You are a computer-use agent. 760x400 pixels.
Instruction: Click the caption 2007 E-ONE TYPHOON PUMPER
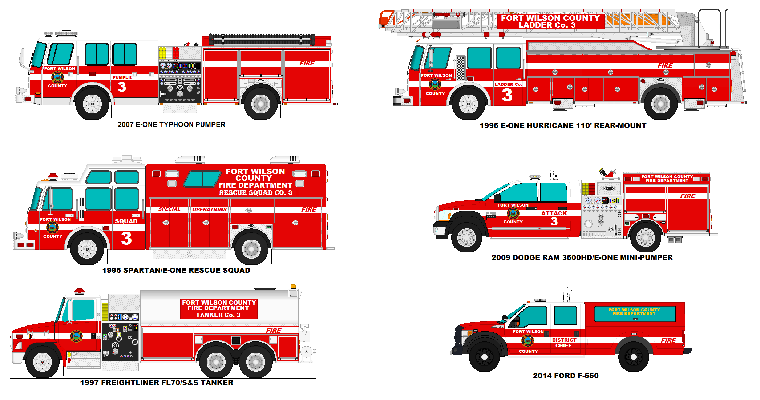point(171,125)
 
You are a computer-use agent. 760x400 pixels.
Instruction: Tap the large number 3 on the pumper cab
point(122,87)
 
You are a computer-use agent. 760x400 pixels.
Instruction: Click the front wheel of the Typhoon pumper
point(92,104)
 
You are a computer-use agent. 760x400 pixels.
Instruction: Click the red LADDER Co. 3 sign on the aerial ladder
point(550,21)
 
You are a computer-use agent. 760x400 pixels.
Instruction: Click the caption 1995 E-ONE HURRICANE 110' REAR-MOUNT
point(563,126)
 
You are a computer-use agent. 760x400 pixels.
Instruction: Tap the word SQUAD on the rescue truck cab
point(126,221)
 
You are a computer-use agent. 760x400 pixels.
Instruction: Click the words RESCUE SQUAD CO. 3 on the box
point(255,193)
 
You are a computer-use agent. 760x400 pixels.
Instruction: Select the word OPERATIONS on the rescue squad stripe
point(209,210)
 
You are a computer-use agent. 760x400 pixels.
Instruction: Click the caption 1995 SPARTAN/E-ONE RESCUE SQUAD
point(176,271)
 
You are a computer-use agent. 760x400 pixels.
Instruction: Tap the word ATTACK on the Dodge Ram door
point(554,213)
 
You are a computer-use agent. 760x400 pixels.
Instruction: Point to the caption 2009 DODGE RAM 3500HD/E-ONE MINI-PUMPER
point(582,258)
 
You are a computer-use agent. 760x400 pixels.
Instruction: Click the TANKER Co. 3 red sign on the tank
point(219,309)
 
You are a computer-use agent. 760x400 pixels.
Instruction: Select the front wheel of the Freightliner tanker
point(42,362)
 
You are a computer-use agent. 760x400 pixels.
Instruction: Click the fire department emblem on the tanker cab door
point(76,336)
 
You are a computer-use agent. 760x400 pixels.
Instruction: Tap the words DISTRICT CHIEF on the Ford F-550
point(564,343)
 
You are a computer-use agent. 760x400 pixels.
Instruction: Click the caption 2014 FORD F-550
point(565,376)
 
